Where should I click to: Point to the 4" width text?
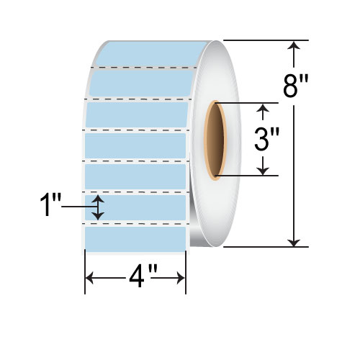coord(137,276)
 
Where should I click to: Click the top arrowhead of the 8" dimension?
coord(294,47)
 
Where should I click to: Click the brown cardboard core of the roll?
coord(214,140)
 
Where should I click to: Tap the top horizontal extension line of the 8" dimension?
coord(266,40)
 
